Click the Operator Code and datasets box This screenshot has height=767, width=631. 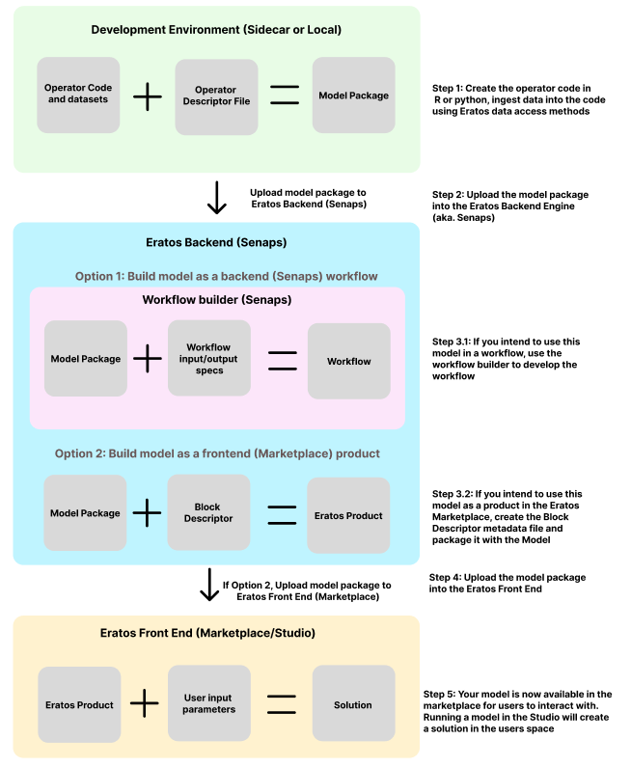[78, 95]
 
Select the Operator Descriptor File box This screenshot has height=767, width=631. [217, 96]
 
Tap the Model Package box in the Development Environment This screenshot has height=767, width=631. [354, 95]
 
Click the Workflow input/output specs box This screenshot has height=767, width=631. [209, 358]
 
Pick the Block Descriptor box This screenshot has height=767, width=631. [208, 512]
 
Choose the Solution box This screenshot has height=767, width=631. [354, 703]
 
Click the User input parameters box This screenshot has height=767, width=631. [209, 703]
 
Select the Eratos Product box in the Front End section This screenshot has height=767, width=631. [79, 705]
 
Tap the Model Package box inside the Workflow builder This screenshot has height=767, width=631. [86, 359]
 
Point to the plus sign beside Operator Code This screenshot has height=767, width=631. [148, 96]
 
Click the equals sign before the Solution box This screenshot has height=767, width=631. [282, 704]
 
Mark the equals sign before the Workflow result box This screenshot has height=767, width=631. [283, 361]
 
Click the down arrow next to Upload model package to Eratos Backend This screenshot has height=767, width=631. [217, 198]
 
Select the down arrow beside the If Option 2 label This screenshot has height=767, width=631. [209, 585]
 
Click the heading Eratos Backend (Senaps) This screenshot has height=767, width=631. [216, 242]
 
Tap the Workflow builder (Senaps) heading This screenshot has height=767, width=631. [217, 300]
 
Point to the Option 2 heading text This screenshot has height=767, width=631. [217, 453]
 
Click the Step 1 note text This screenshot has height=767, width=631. [518, 99]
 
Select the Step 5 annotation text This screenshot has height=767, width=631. [517, 711]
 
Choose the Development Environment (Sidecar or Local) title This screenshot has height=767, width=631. [216, 30]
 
